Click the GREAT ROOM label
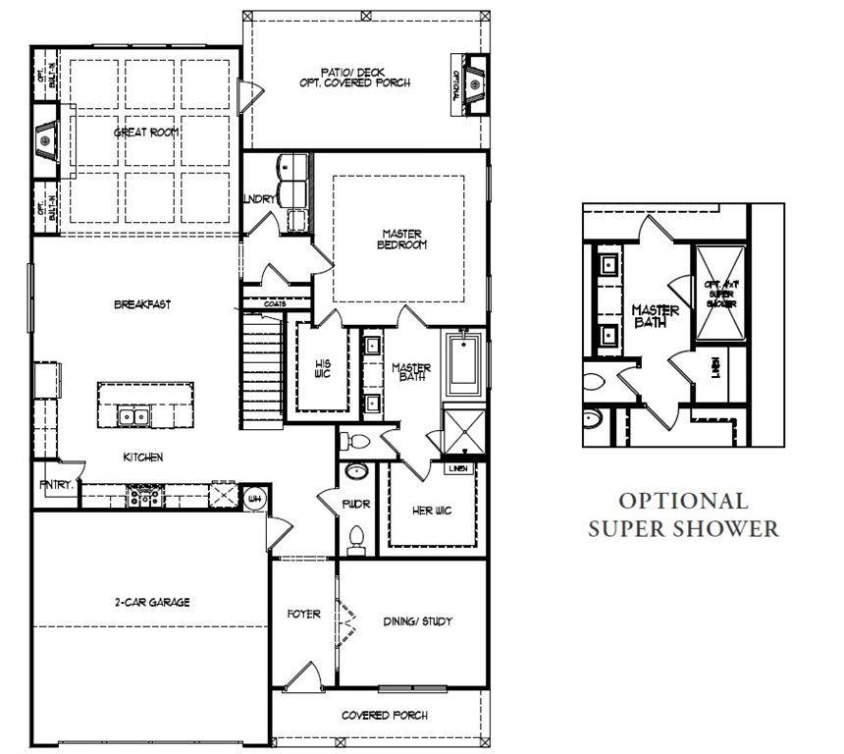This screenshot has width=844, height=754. pyautogui.click(x=145, y=133)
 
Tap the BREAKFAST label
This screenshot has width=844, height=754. pyautogui.click(x=142, y=305)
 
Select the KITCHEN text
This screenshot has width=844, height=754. pyautogui.click(x=142, y=458)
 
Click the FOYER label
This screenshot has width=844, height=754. pyautogui.click(x=303, y=615)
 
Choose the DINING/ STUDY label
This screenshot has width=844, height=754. pyautogui.click(x=417, y=622)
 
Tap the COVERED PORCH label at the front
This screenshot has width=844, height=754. pyautogui.click(x=384, y=715)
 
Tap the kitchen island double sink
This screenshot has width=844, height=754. pyautogui.click(x=134, y=416)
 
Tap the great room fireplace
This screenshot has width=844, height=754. pyautogui.click(x=45, y=140)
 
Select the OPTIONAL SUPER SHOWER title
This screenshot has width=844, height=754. pyautogui.click(x=683, y=515)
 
